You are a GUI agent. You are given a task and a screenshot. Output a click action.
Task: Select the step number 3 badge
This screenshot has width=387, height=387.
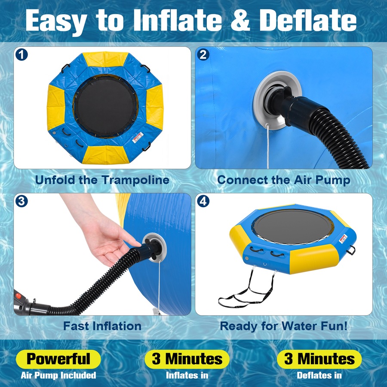[x=21, y=201]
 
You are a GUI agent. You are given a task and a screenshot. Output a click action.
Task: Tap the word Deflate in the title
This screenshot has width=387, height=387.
[x=308, y=20]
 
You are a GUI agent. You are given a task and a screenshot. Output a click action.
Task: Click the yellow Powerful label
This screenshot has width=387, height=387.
[x=58, y=359]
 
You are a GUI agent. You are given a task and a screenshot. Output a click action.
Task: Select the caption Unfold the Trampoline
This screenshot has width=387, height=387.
[x=102, y=180]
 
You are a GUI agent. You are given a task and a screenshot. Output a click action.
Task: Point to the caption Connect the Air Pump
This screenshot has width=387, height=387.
[x=284, y=180]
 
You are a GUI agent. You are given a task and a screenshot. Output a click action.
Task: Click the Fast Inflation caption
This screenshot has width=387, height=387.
[x=102, y=326]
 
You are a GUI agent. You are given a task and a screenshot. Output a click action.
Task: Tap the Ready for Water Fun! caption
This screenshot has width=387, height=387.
[x=284, y=326]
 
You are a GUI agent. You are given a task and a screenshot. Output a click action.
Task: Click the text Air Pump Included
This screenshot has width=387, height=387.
[x=58, y=375]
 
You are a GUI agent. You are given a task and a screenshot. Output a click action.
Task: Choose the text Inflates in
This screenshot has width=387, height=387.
[x=187, y=375]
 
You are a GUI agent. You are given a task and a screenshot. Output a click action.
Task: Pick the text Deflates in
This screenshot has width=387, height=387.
[x=319, y=375]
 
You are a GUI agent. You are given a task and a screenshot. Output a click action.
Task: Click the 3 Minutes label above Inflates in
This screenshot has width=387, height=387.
[x=187, y=359]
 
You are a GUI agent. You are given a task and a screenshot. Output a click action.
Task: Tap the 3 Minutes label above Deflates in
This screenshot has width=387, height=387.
[x=319, y=359]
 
